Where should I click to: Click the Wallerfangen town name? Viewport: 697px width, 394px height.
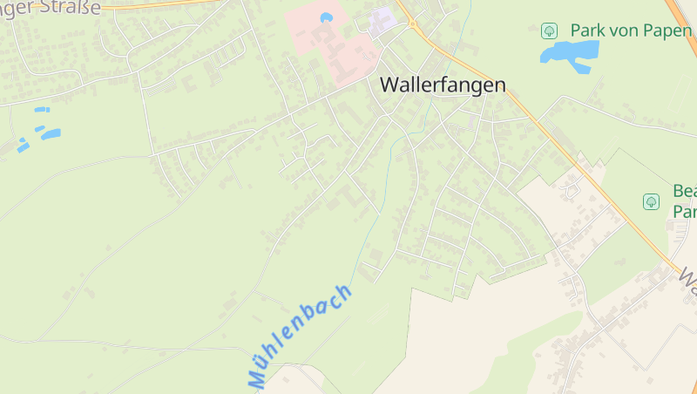click(443, 85)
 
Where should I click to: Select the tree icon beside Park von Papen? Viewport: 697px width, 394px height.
click(549, 31)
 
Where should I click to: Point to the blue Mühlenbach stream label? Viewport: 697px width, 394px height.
click(301, 336)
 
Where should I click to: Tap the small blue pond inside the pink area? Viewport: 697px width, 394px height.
click(327, 17)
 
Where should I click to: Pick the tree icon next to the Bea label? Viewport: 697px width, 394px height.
click(651, 201)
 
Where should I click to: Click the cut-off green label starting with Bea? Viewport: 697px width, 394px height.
click(684, 200)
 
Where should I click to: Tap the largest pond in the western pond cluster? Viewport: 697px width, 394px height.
click(51, 134)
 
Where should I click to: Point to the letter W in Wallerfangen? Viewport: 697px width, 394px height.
click(389, 85)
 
